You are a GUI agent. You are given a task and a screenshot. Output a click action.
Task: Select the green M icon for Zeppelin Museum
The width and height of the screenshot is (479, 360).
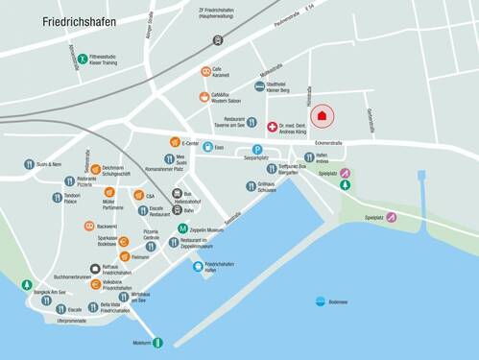coord(182,228)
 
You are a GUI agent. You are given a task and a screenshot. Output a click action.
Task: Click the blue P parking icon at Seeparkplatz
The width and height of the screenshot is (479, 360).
coord(257,149)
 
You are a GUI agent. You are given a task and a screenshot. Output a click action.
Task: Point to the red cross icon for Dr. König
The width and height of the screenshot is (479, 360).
coord(272,127)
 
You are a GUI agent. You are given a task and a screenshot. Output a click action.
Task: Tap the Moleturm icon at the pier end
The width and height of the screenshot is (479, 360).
coord(157,342)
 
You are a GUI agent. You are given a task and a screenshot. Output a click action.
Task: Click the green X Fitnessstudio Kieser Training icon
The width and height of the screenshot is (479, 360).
coord(83,60)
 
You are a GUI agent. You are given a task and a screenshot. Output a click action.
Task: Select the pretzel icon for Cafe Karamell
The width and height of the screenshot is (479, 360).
coord(205,72)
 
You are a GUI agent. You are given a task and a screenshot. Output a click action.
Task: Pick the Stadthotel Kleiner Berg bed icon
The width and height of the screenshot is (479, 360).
coord(259,86)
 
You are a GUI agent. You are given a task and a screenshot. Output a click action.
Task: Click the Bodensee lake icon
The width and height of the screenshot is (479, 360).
coord(320,300)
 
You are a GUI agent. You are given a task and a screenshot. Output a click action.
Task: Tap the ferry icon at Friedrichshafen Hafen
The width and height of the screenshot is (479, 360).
coord(198,266)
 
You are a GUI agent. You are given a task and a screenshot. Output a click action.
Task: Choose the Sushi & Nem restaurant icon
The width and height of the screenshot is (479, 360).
coord(30,164)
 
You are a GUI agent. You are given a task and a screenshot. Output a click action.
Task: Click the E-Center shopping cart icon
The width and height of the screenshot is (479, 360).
coord(175,142)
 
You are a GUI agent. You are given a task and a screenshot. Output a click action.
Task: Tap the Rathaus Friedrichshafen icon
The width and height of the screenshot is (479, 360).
coord(95,270)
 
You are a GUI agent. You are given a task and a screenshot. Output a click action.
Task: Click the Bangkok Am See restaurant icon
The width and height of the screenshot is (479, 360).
coord(27,284)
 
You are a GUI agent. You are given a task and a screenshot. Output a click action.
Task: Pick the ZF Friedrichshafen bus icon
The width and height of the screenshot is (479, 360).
coord(218,40)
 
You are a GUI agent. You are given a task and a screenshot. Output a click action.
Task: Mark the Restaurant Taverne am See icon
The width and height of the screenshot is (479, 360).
coord(251,122)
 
